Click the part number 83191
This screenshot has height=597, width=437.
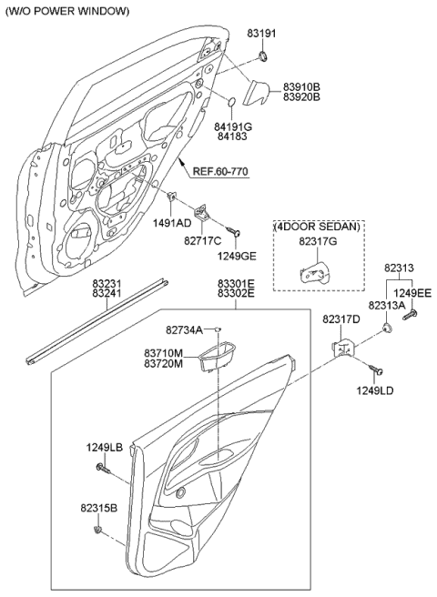(259, 33)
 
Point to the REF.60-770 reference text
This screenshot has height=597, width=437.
(218, 171)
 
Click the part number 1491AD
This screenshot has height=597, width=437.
(171, 222)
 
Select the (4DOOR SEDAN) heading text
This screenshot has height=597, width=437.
(317, 226)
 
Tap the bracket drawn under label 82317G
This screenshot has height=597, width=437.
(316, 272)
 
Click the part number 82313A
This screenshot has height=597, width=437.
(387, 307)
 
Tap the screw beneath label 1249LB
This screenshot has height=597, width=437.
(102, 468)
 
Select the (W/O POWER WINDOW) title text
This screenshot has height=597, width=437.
(68, 11)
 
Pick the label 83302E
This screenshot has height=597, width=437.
(236, 295)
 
